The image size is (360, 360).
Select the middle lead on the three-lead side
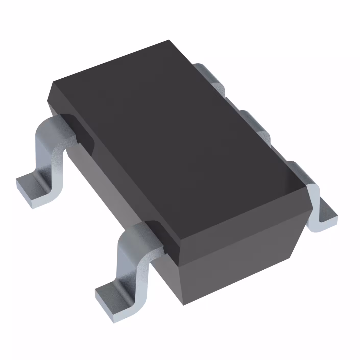255,123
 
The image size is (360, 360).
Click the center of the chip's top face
176,143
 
